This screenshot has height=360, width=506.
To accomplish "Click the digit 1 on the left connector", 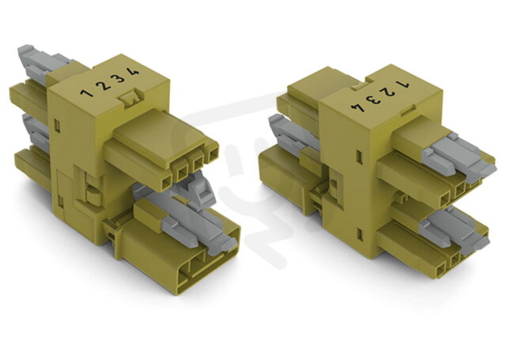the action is (86, 93).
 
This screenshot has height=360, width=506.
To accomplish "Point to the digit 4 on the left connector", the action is (133, 71).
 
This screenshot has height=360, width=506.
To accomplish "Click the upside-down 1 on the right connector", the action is (404, 85).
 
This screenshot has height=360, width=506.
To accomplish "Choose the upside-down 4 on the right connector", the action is (358, 107).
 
